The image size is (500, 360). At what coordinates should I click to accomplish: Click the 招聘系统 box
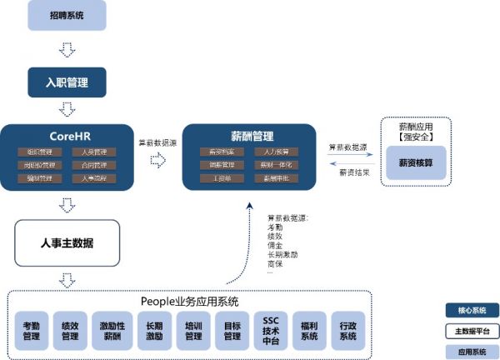pyautogui.click(x=67, y=15)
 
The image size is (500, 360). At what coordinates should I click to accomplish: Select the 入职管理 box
pyautogui.click(x=67, y=82)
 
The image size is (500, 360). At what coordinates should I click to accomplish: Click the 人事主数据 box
pyautogui.click(x=67, y=243)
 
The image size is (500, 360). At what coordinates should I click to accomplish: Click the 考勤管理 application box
pyautogui.click(x=32, y=331)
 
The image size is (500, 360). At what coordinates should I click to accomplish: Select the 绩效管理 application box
pyautogui.click(x=70, y=331)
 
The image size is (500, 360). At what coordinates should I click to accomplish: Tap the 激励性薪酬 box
pyautogui.click(x=112, y=331)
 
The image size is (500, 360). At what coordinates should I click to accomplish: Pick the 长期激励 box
pyautogui.click(x=154, y=331)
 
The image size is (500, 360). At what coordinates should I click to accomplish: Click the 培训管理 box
pyautogui.click(x=193, y=331)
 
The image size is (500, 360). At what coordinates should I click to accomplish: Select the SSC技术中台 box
pyautogui.click(x=271, y=331)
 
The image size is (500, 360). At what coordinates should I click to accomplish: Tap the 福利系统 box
pyautogui.click(x=309, y=331)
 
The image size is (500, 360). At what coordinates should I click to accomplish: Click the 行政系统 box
pyautogui.click(x=347, y=331)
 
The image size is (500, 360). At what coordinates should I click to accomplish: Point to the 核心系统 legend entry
pyautogui.click(x=470, y=309)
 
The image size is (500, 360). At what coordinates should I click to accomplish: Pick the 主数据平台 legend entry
pyautogui.click(x=470, y=330)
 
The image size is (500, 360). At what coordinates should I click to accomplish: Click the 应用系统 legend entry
pyautogui.click(x=470, y=351)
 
